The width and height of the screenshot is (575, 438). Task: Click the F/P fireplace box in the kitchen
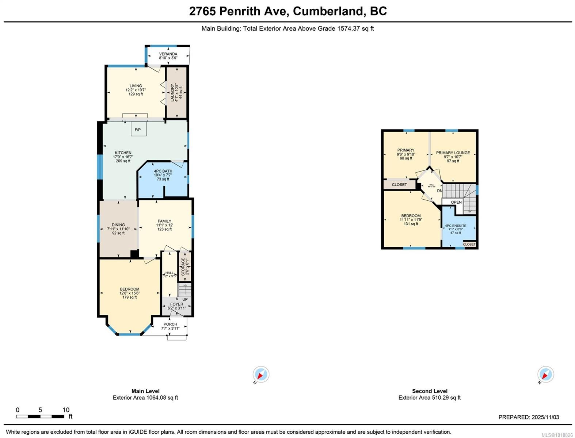pyautogui.click(x=138, y=129)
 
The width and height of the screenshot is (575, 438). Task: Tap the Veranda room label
pyautogui.click(x=168, y=54)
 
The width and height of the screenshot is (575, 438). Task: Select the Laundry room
pyautogui.click(x=177, y=92)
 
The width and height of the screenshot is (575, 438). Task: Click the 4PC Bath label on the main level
pyautogui.click(x=163, y=171)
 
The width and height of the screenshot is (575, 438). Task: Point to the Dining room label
pyautogui.click(x=118, y=225)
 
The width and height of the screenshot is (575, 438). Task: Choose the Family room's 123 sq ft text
pyautogui.click(x=164, y=229)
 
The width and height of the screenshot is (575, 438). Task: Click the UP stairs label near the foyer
pyautogui.click(x=185, y=299)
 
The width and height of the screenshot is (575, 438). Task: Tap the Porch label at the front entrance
pyautogui.click(x=170, y=324)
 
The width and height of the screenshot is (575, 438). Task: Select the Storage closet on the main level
pyautogui.click(x=185, y=267)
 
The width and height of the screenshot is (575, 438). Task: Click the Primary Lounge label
pyautogui.click(x=453, y=153)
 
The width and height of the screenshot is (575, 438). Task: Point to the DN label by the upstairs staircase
pyautogui.click(x=439, y=191)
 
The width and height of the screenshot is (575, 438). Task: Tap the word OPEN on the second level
pyautogui.click(x=456, y=202)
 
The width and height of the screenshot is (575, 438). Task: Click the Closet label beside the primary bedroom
pyautogui.click(x=399, y=185)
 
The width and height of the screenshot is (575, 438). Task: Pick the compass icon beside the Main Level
pyautogui.click(x=261, y=374)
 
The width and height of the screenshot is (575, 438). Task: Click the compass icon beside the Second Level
pyautogui.click(x=545, y=374)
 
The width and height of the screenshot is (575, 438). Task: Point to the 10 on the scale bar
pyautogui.click(x=66, y=410)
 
